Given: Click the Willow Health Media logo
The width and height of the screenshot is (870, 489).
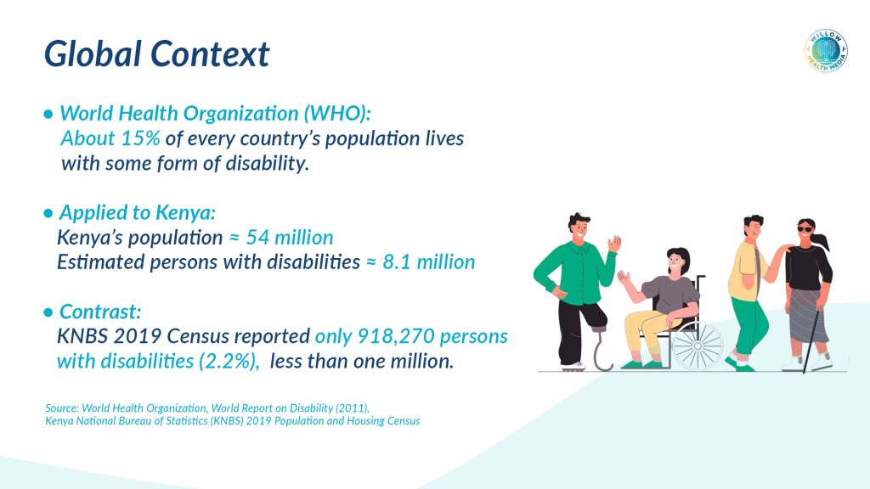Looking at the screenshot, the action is (x=826, y=51).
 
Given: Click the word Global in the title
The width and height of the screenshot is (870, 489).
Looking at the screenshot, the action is (x=93, y=53).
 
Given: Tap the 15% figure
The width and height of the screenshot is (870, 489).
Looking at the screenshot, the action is (x=141, y=138).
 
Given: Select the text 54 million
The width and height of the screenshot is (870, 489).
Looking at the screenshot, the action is (x=290, y=238).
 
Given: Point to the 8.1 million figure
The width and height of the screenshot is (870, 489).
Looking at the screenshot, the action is (x=429, y=261).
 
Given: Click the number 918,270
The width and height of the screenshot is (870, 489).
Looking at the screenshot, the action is (x=394, y=336).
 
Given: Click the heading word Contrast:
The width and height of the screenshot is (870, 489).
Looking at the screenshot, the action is (x=100, y=311).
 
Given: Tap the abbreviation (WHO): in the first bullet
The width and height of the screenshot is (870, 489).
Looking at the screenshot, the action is (x=336, y=113).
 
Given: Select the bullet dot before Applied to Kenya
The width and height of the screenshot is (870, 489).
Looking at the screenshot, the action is (x=48, y=213).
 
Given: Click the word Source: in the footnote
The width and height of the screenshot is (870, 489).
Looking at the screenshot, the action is (x=62, y=408).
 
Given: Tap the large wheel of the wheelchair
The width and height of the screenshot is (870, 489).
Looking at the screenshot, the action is (x=698, y=346).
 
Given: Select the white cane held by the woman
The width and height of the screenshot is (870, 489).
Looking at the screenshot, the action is (x=813, y=338).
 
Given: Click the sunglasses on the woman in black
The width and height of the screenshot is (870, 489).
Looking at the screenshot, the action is (x=805, y=229).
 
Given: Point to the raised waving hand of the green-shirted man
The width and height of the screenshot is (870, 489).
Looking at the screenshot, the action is (x=614, y=244).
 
